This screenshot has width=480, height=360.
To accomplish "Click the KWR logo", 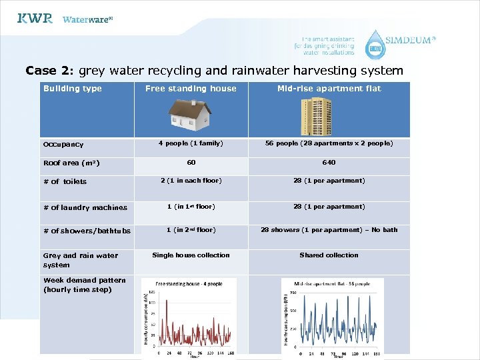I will (35, 19).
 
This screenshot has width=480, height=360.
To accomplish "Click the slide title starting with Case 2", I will (214, 71).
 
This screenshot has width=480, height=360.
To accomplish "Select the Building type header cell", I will (73, 89).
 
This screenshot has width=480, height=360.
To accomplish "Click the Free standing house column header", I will (191, 89).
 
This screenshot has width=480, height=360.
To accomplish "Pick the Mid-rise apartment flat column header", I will (329, 89).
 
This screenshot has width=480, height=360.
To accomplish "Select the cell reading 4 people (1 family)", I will (191, 143).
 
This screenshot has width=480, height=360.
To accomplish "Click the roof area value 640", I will (329, 162).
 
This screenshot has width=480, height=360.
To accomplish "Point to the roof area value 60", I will (191, 162).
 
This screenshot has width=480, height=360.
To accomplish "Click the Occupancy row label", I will (63, 144).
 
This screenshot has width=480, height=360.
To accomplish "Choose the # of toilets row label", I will (65, 181).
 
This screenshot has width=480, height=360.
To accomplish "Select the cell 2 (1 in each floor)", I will (191, 181).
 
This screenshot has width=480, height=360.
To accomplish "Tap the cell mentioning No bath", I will (329, 230).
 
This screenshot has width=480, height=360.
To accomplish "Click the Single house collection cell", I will (191, 255).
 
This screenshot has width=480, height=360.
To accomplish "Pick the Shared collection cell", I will (329, 255).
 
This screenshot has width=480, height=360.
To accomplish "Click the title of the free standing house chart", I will (189, 284).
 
